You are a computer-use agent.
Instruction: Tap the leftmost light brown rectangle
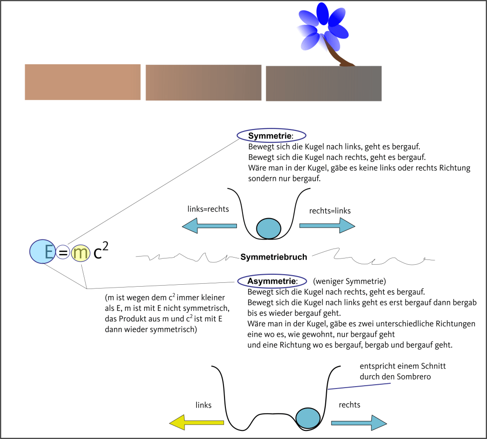click(83, 82)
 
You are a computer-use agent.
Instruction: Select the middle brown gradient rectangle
click(204, 82)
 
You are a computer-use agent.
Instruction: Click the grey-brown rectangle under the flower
click(323, 84)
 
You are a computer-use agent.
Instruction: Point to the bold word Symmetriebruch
click(273, 257)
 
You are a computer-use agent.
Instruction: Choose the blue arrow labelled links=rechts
click(209, 225)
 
